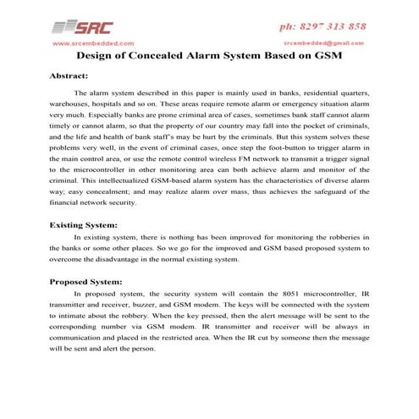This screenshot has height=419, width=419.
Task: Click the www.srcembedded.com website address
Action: pos(93,41)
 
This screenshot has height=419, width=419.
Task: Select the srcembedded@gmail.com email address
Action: pos(327,41)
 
